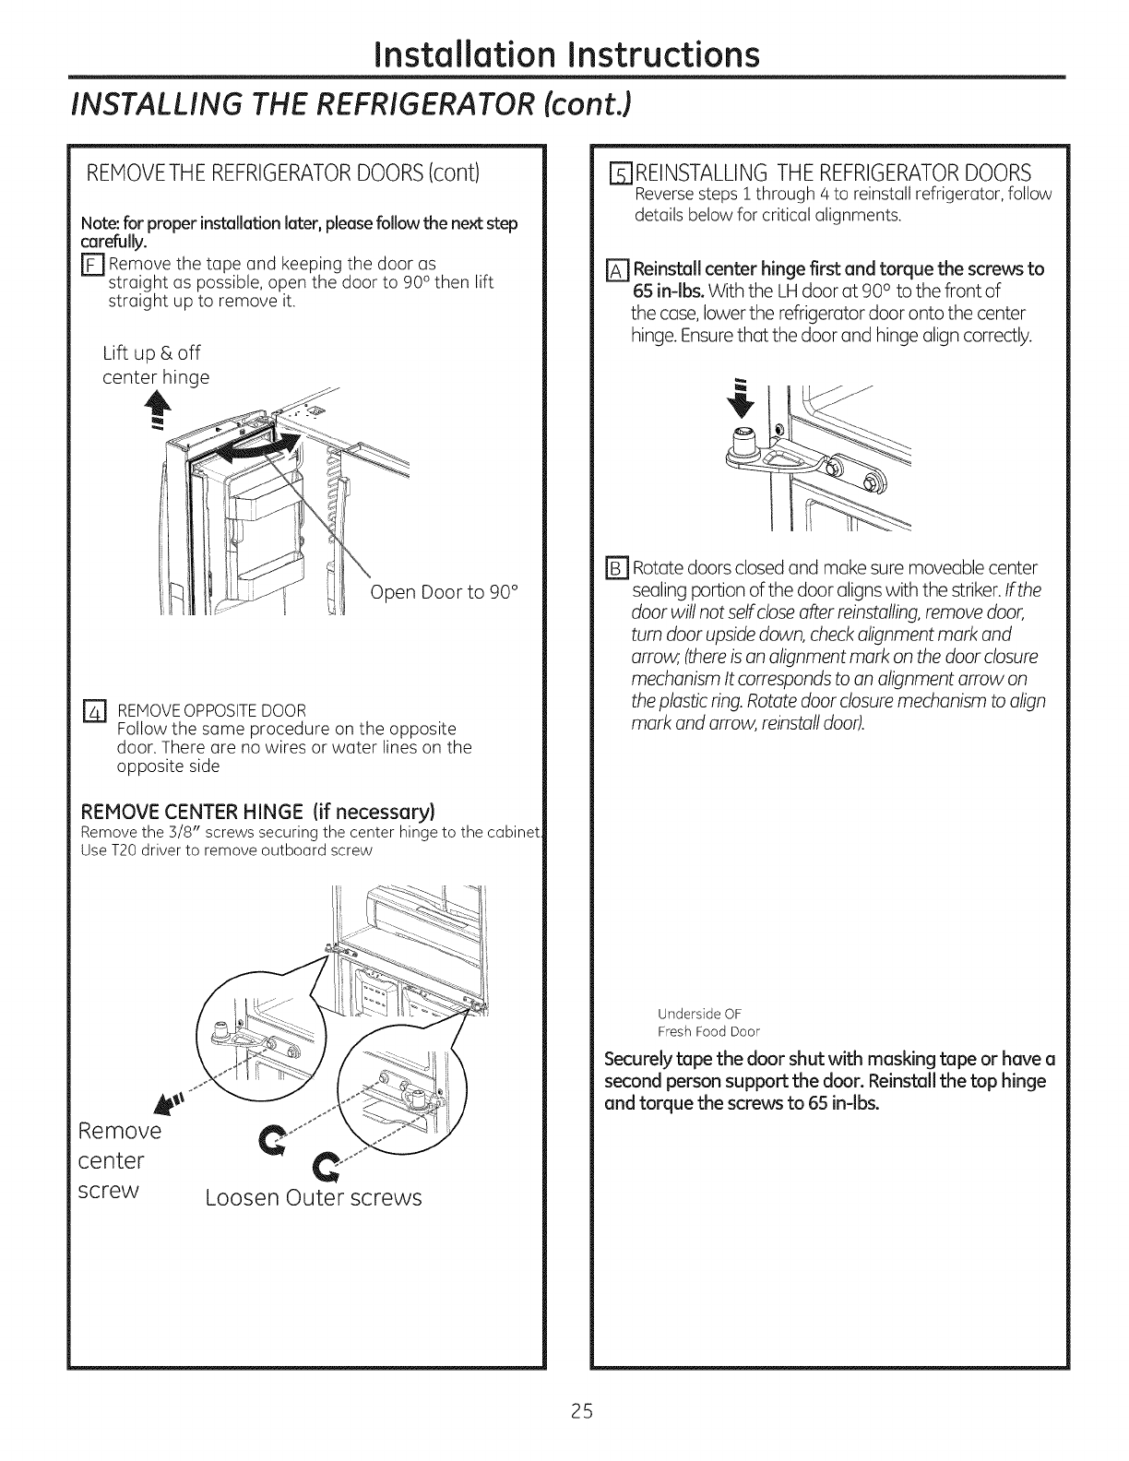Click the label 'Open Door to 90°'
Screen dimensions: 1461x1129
(x=446, y=592)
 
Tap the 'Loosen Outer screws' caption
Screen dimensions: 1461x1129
(x=314, y=1198)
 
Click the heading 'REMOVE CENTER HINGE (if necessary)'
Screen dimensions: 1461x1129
(x=258, y=812)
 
